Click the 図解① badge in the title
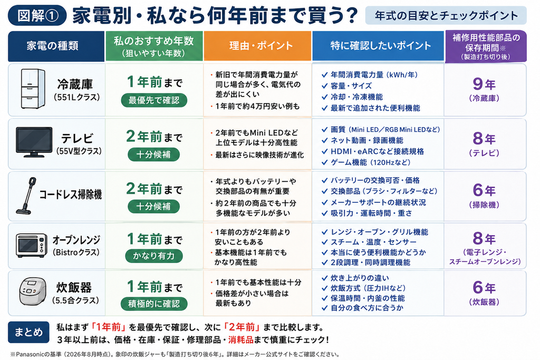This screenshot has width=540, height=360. (x=37, y=15)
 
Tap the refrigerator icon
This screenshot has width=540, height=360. (x=33, y=89)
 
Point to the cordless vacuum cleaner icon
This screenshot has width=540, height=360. (x=26, y=196)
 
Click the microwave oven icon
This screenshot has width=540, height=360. (x=31, y=246)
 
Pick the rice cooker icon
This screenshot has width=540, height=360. (x=33, y=291)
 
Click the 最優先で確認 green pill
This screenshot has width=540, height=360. (x=154, y=100)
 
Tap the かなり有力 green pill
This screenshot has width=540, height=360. (x=154, y=256)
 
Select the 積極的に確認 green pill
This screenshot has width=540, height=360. (x=154, y=304)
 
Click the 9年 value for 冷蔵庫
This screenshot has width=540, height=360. (x=484, y=84)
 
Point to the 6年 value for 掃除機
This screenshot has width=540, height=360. (x=484, y=190)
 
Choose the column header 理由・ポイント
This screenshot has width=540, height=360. (x=257, y=46)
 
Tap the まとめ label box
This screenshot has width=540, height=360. (x=28, y=332)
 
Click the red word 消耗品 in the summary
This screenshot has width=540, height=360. (x=240, y=340)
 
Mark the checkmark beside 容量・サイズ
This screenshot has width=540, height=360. (x=324, y=86)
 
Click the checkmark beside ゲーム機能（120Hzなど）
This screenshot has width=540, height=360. (x=324, y=162)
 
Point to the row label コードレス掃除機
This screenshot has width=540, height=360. (x=71, y=195)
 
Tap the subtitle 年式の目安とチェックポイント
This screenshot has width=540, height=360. (x=446, y=15)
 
